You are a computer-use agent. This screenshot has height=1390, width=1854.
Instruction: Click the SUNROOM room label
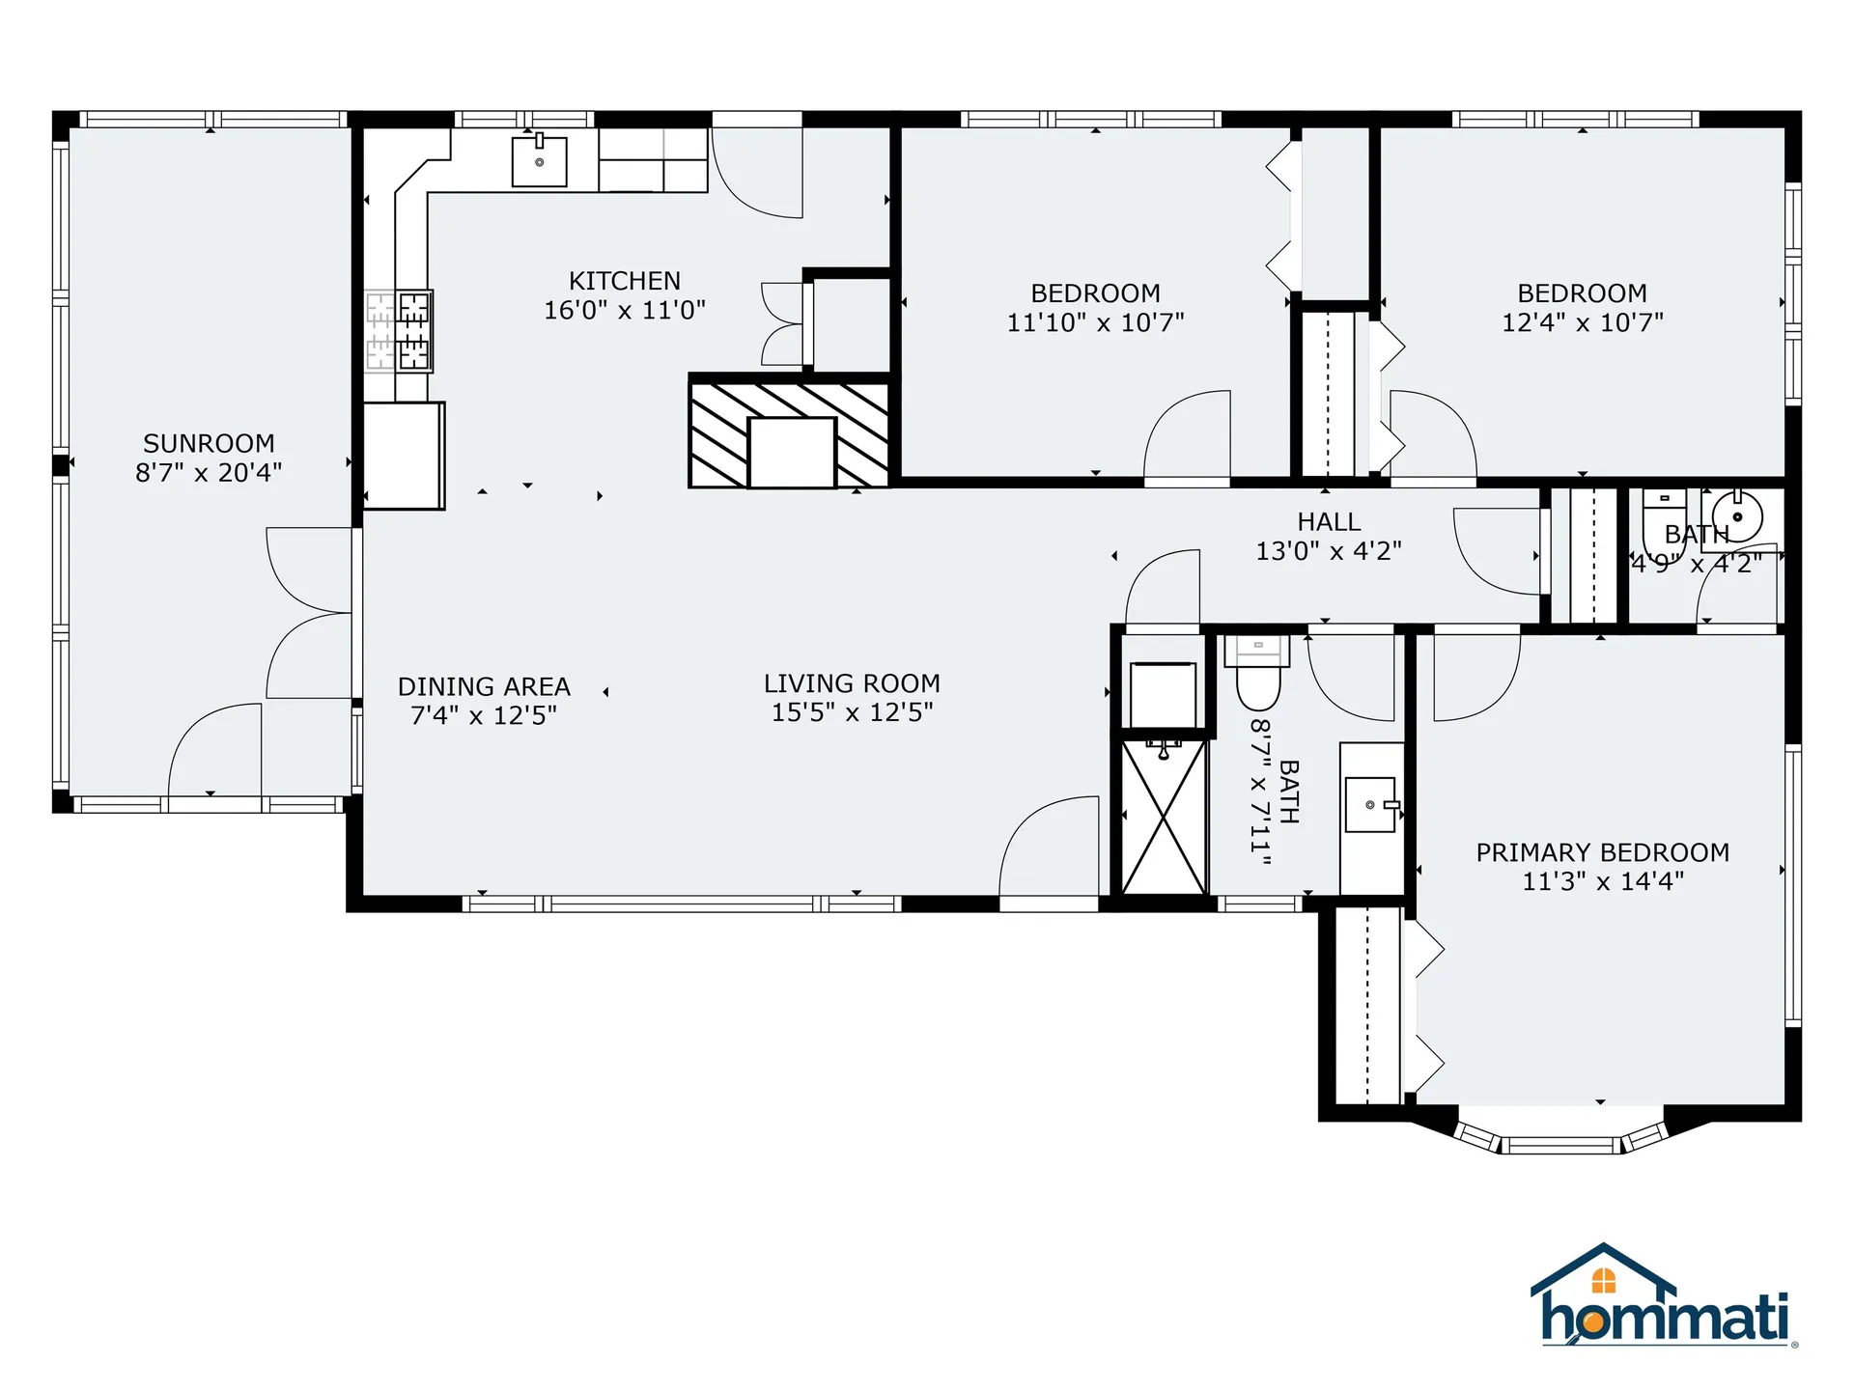click(209, 443)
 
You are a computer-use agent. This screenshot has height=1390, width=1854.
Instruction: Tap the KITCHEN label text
click(625, 281)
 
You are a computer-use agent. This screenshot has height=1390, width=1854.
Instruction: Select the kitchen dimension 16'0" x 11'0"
click(625, 310)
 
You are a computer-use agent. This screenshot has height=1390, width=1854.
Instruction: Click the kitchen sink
click(539, 161)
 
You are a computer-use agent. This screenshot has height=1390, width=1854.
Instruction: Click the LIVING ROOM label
click(852, 683)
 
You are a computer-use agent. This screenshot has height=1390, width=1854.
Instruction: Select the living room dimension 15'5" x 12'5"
click(852, 712)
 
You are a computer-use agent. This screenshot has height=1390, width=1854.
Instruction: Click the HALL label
click(1329, 522)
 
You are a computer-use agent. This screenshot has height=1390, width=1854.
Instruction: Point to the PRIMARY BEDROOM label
click(1603, 852)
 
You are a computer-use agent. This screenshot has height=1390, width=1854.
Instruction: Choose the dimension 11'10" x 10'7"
click(1096, 322)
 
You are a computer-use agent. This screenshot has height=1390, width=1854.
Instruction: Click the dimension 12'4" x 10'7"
click(1583, 322)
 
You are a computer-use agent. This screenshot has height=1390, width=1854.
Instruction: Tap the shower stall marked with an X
click(1164, 817)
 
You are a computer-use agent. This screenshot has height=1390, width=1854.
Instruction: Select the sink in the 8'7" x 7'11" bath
click(1371, 804)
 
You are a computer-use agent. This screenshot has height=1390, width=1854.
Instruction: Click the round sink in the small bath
click(1737, 517)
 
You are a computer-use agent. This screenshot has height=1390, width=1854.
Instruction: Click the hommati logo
click(1663, 1295)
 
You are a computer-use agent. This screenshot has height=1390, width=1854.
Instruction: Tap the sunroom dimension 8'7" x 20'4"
click(209, 472)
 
